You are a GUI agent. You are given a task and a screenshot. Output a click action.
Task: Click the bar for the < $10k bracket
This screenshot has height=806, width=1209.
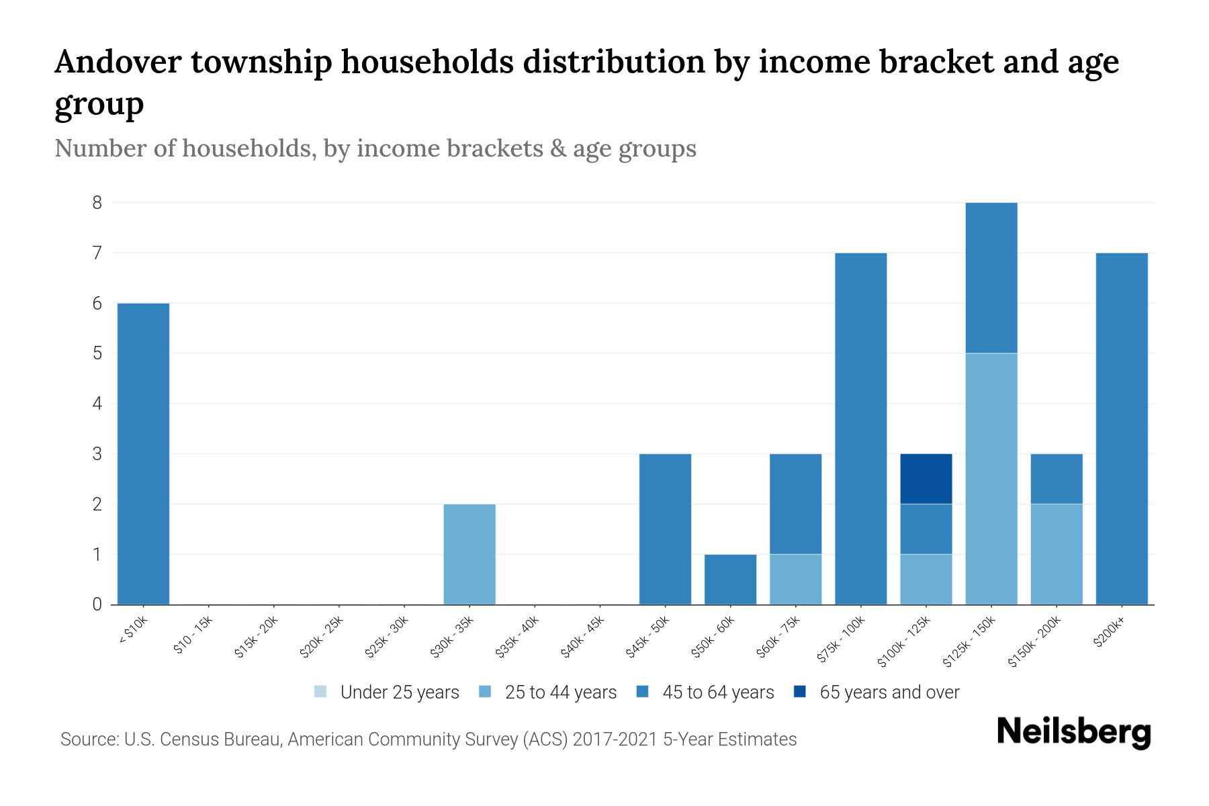pos(143,454)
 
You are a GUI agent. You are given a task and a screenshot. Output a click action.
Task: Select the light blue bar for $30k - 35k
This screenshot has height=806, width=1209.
pos(469,554)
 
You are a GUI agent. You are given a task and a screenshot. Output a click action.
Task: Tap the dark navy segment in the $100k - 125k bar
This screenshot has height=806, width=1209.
pos(926,479)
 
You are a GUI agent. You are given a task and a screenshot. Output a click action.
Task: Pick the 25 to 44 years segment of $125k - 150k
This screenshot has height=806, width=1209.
pos(991,479)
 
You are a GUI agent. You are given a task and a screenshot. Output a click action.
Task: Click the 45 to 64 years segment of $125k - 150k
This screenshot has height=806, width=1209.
pos(991,277)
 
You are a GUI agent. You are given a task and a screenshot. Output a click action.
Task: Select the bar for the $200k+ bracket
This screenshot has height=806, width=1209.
pos(1122,429)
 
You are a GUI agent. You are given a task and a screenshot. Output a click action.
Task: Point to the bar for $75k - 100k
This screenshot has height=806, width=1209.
pos(860,429)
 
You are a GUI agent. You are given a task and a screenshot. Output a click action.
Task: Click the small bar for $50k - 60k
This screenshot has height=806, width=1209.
pos(730,579)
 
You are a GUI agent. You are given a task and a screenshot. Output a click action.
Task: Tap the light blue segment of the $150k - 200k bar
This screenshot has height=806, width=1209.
pos(1057,554)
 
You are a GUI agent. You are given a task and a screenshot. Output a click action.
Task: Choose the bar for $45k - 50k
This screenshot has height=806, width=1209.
pos(665,529)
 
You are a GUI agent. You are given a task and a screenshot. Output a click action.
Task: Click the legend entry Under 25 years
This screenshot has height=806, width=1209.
pos(387,692)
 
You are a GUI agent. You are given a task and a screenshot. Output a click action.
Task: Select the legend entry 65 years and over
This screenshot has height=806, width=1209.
pos(877,692)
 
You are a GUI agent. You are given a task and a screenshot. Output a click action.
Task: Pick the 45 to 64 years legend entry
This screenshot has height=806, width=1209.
pos(705,692)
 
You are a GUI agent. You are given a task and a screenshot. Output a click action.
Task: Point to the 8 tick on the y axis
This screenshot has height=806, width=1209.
pos(97,202)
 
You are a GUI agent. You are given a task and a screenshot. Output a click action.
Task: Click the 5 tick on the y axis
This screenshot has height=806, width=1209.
pos(97,353)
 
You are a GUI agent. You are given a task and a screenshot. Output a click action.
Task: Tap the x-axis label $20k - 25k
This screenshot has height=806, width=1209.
pos(321,637)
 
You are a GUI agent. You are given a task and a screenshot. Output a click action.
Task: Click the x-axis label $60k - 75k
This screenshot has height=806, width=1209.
pos(777,637)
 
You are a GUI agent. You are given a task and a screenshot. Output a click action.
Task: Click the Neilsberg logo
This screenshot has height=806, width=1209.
pos(1073,732)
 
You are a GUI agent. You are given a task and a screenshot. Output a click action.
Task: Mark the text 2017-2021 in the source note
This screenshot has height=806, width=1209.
pos(615,740)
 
